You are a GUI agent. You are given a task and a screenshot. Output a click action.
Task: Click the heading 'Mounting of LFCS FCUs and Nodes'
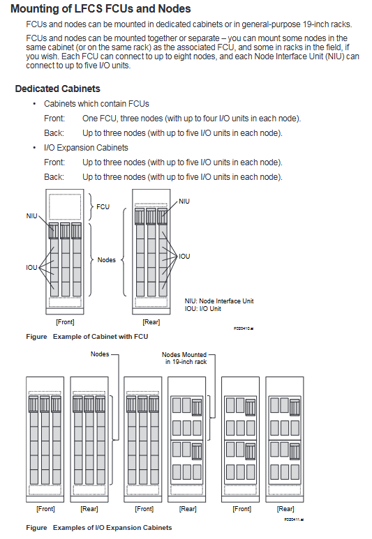[101, 8]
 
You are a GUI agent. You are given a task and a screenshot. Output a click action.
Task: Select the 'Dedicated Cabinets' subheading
[57, 89]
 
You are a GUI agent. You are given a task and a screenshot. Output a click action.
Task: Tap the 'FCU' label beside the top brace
[103, 206]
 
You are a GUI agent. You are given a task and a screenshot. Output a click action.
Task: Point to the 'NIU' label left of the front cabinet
[31, 216]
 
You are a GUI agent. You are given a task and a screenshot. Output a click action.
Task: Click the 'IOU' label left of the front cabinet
[31, 268]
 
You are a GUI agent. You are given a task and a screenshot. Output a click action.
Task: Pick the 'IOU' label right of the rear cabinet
[184, 256]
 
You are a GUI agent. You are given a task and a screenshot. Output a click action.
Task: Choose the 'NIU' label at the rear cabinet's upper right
[184, 201]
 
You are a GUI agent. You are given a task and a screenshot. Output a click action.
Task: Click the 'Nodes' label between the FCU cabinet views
[106, 260]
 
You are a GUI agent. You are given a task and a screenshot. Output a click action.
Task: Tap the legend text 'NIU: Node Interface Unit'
[219, 301]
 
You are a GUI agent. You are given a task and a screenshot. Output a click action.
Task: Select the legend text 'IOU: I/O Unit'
[202, 309]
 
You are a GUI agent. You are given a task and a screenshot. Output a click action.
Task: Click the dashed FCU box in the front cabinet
[65, 207]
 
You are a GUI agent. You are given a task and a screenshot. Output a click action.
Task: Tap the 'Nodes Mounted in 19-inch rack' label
[184, 358]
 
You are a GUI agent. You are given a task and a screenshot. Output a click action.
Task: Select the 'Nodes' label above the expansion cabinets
[100, 354]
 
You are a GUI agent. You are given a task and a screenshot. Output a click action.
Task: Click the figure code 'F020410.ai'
[244, 328]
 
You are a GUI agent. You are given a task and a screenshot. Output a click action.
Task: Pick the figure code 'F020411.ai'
[294, 519]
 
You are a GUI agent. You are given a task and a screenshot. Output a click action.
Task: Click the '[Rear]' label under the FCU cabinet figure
[151, 322]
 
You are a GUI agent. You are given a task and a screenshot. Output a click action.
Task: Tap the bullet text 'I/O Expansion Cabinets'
[86, 148]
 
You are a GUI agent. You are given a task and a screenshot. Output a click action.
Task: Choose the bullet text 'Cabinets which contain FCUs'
[96, 104]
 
